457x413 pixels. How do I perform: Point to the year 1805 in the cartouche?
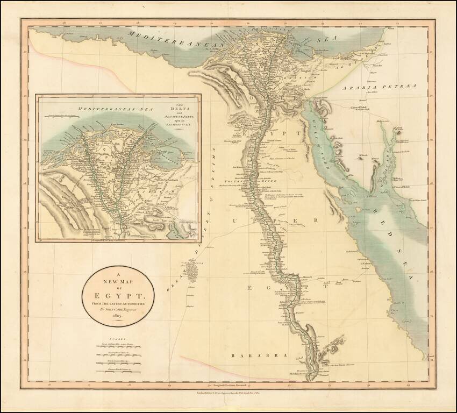point(116,317)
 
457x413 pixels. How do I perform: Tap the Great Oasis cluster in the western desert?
point(188,269)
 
